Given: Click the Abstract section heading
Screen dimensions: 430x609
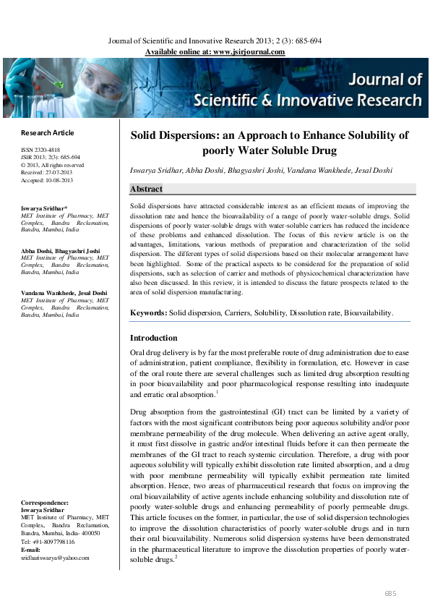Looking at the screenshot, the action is [145, 189].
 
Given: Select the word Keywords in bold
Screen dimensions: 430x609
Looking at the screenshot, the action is [147, 312].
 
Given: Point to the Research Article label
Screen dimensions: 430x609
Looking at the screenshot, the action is [48, 133].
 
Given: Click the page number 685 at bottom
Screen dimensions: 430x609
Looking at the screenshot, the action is [390, 593].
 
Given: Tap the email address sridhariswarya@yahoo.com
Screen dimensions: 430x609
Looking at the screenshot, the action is [55, 558].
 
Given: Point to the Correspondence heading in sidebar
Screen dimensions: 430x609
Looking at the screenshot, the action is [45, 502].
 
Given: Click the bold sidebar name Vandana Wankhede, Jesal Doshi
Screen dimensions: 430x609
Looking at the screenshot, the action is [64, 293].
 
